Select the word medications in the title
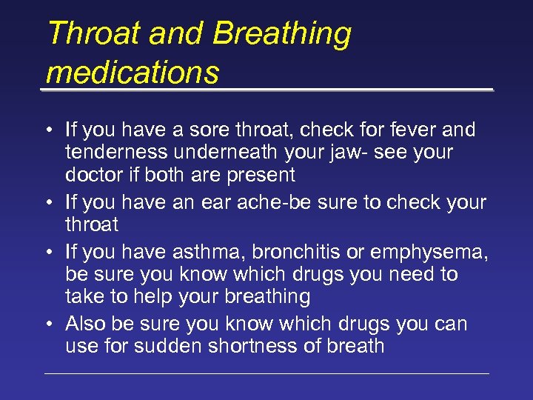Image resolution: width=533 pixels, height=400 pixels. coord(133,73)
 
